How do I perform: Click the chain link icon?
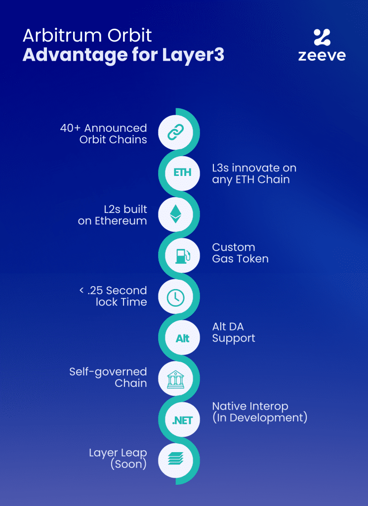click(x=175, y=132)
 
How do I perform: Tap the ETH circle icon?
click(x=182, y=173)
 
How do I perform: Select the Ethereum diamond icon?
click(x=175, y=214)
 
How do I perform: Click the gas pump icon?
click(x=183, y=255)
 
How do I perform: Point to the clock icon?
click(x=175, y=297)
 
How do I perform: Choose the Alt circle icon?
click(x=182, y=338)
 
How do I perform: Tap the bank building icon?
click(x=175, y=379)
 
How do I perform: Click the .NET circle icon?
click(x=182, y=420)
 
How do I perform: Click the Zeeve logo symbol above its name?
click(x=322, y=37)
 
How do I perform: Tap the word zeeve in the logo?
click(x=322, y=56)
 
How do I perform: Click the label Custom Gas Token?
click(x=240, y=253)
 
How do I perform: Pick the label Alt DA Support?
click(x=234, y=333)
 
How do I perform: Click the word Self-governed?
click(x=108, y=372)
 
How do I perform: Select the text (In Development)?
click(x=260, y=418)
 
